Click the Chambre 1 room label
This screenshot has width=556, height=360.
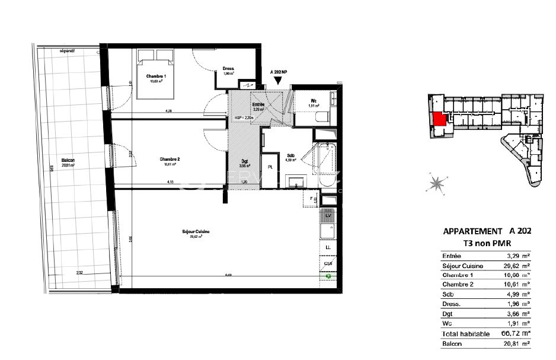pyautogui.click(x=156, y=77)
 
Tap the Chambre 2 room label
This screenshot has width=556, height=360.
pyautogui.click(x=170, y=159)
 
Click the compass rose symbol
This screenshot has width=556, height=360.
pyautogui.click(x=436, y=184)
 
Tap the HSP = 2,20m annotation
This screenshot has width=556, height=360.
pyautogui.click(x=244, y=118)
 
